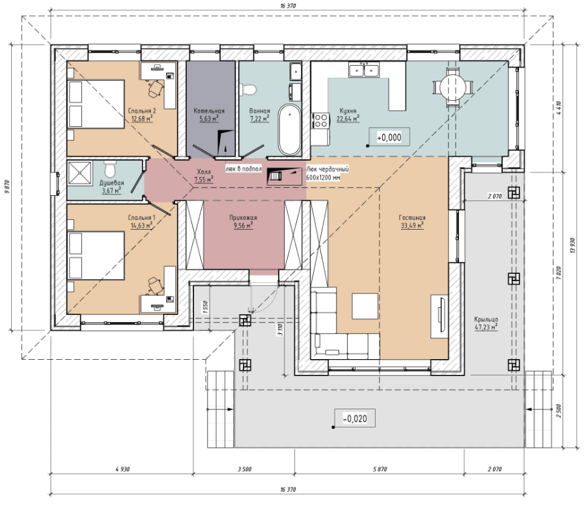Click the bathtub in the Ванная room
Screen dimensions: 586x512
pos(290,129)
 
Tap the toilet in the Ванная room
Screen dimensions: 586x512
pos(248,90)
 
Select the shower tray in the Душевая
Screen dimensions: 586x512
pos(79,173)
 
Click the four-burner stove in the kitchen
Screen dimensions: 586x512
pos(320,120)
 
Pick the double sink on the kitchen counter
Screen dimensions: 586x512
pos(363,70)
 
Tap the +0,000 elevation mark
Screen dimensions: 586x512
pos(389,137)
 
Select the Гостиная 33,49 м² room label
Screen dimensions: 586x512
pos(412,221)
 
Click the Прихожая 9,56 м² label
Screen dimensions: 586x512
pos(243,221)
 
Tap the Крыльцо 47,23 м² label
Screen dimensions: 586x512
pos(486,323)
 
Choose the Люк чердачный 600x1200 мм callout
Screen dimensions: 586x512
pos(328,173)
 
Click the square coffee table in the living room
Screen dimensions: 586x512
pos(365,306)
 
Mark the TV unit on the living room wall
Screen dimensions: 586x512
pos(439,316)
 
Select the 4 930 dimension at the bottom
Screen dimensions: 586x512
pos(122,469)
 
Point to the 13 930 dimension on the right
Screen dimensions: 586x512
pos(572,245)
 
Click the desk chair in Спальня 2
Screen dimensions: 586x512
pos(156,88)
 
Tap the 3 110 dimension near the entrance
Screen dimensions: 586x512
pos(280,329)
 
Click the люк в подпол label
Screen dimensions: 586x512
pos(244,168)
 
